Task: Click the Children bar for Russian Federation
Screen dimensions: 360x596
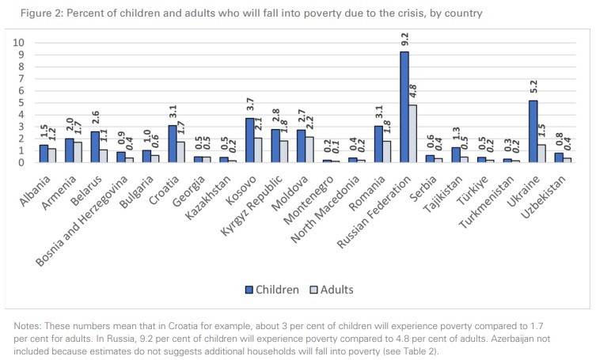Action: [404, 107]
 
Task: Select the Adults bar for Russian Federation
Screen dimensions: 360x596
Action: [412, 134]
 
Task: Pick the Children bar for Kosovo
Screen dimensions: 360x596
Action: [250, 140]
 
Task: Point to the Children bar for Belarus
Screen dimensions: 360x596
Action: [95, 147]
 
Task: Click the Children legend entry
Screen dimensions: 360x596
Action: [269, 290]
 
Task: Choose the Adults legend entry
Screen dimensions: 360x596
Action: [331, 290]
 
